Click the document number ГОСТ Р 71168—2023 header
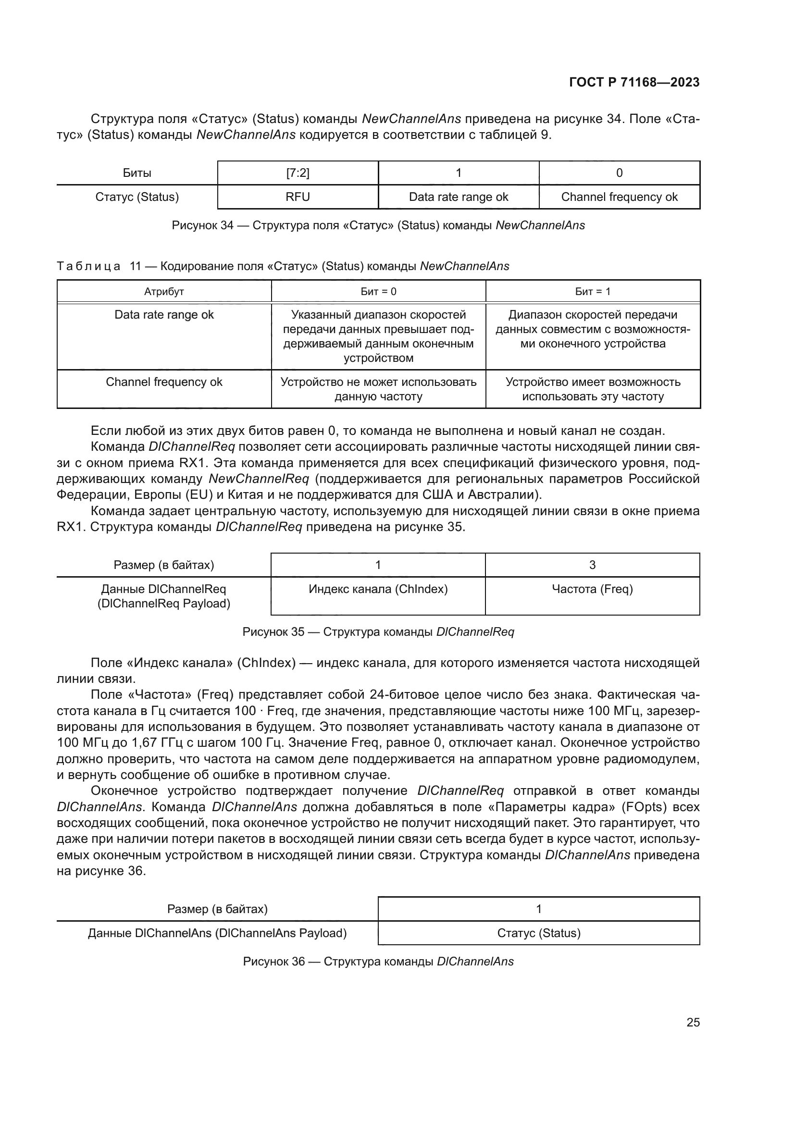click(x=634, y=82)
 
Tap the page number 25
click(x=693, y=1023)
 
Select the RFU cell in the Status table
click(x=298, y=197)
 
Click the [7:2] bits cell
click(x=298, y=173)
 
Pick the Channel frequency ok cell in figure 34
click(x=619, y=197)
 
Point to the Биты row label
click(x=137, y=173)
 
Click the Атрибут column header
click(x=164, y=292)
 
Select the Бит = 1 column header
click(x=592, y=292)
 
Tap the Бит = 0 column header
click(x=378, y=292)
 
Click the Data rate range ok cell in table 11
click(x=164, y=315)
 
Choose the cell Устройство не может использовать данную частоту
click(x=378, y=389)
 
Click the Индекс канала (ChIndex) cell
click(x=378, y=589)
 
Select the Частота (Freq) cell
click(x=592, y=589)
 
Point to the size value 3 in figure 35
click(x=592, y=565)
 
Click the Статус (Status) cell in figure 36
click(x=538, y=933)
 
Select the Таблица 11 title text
click(x=283, y=266)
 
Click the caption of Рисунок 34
click(x=378, y=226)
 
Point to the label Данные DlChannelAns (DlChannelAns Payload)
click(x=217, y=933)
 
